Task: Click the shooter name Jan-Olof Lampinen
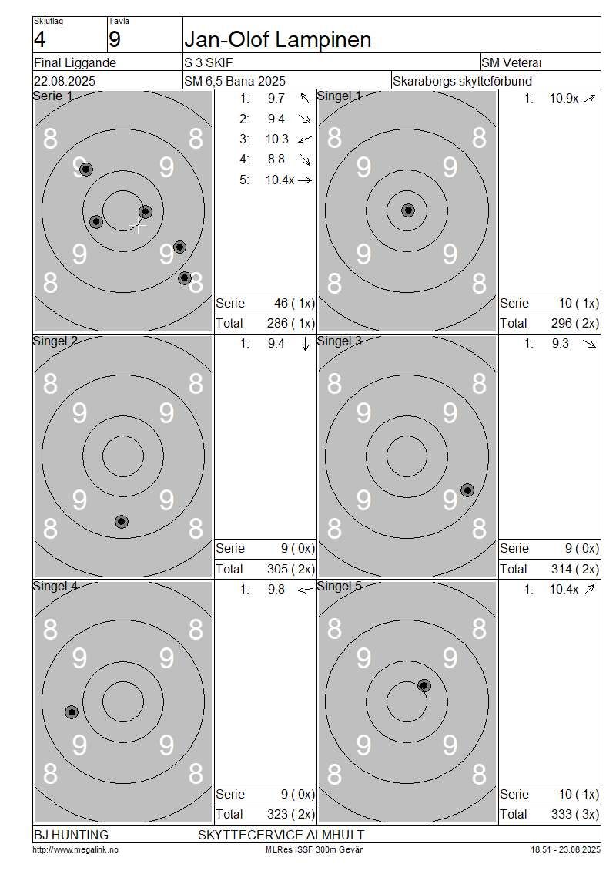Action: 277,39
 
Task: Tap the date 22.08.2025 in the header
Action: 65,81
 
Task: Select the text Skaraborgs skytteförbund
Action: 462,81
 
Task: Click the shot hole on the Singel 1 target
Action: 408,210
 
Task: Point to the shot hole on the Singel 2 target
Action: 122,522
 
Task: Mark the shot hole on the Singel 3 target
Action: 468,490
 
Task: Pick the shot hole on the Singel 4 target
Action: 72,712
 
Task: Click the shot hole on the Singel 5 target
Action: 424,685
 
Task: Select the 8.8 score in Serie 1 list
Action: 276,160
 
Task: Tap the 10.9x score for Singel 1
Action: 564,99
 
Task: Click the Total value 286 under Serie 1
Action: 277,323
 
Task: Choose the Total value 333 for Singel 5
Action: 561,814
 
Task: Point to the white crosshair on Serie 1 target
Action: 138,226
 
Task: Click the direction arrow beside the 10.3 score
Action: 305,140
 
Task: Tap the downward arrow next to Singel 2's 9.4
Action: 305,345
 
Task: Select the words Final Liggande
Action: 75,62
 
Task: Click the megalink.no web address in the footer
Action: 75,849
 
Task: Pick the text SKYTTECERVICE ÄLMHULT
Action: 281,835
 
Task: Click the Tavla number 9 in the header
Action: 114,39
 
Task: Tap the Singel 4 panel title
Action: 55,587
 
